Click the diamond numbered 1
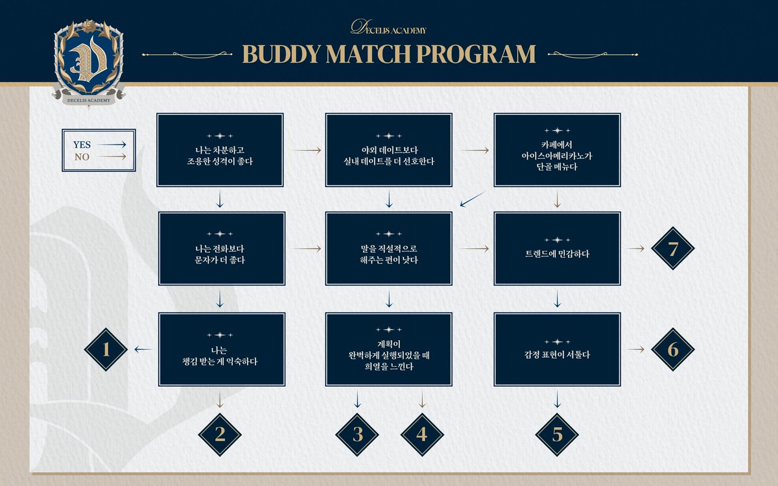coord(106,349)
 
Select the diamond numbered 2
coord(220,434)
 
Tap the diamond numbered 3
coord(357,434)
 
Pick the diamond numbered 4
coord(422,434)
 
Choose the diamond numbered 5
coord(557,434)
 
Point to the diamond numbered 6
coord(672,349)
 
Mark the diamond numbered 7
coord(672,248)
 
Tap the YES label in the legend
coord(82,145)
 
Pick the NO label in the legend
coord(82,156)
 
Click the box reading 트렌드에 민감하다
coord(557,248)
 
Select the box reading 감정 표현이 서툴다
coord(557,349)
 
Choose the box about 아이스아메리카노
coord(557,150)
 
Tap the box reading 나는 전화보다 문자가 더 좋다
coord(220,248)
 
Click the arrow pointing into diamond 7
coord(637,248)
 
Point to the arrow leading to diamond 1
coord(143,349)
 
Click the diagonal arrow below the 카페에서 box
coord(473,200)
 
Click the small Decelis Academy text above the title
coord(388,28)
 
